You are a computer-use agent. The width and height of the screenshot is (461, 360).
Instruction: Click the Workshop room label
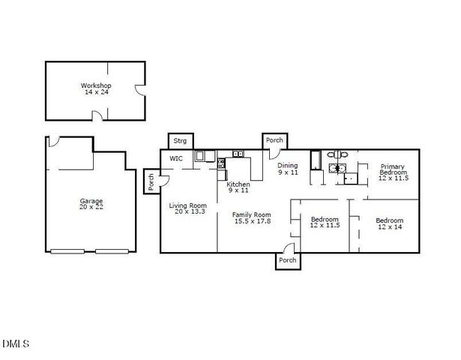(96, 85)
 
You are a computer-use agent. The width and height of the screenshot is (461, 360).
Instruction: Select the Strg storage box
(180, 141)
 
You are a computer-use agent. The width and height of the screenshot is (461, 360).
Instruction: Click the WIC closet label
(176, 159)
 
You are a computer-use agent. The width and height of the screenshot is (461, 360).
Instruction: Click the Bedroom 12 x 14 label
(389, 223)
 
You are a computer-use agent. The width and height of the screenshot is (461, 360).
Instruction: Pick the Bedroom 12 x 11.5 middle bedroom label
(325, 223)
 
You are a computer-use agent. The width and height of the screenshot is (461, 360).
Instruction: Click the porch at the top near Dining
(274, 140)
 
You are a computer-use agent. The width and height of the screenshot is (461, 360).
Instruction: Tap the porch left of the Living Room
(151, 182)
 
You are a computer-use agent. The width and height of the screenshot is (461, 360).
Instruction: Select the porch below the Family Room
(287, 260)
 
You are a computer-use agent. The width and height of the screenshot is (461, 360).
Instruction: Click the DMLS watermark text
(15, 344)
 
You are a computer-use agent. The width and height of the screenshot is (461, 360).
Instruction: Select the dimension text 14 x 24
(96, 92)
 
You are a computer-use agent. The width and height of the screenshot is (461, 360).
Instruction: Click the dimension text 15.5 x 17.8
(251, 221)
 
